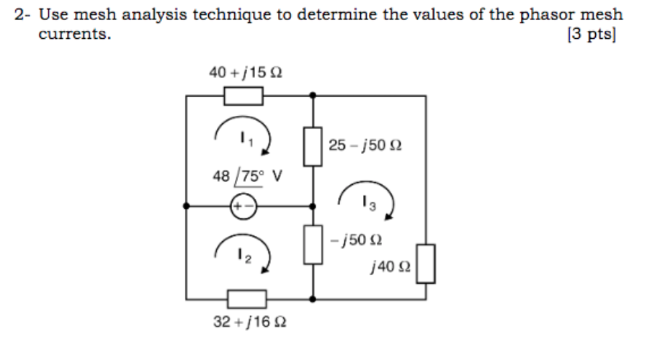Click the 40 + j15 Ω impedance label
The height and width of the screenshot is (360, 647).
[246, 72]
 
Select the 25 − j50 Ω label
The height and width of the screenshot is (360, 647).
[365, 145]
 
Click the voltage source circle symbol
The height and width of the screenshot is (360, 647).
[243, 205]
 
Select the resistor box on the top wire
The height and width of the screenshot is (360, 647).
[243, 95]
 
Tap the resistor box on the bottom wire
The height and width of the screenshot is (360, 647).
[246, 297]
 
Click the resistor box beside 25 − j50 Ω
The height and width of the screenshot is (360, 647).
[312, 147]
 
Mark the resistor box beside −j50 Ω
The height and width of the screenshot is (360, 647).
[312, 243]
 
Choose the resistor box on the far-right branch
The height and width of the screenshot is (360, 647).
[427, 263]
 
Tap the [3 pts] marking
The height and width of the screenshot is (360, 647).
[592, 34]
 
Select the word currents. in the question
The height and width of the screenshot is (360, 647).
[74, 34]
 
